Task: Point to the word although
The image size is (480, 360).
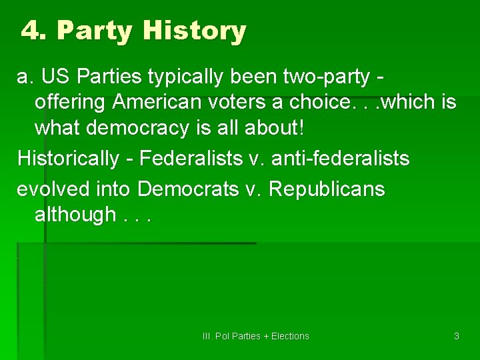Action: [x=75, y=215]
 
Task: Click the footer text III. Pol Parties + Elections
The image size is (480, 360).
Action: [x=256, y=336]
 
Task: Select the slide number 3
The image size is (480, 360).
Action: [x=457, y=336]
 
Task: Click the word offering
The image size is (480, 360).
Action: [x=71, y=103]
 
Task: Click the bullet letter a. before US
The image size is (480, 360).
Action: [x=25, y=77]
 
